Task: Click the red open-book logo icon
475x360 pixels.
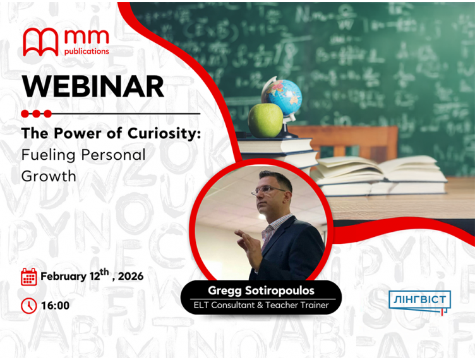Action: tap(40, 42)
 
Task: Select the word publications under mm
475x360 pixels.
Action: tap(87, 52)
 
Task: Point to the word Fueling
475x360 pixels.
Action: tap(48, 155)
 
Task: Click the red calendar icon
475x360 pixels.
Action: tap(29, 277)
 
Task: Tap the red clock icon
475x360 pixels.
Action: tap(29, 306)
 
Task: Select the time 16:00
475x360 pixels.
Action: tap(55, 306)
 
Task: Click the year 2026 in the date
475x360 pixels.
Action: tap(129, 277)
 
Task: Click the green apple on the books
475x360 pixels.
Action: tap(265, 120)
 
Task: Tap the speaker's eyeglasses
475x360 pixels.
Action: tap(268, 189)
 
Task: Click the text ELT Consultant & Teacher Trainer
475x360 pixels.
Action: tap(261, 306)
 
